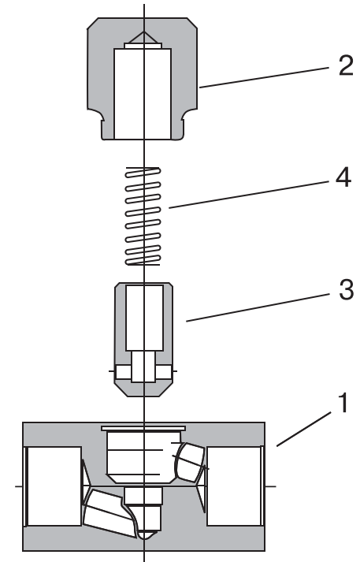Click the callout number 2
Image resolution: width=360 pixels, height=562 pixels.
(346, 65)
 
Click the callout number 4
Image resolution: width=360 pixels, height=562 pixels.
(343, 177)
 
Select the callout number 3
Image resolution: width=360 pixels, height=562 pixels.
(346, 289)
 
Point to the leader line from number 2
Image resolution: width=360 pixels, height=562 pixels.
(265, 77)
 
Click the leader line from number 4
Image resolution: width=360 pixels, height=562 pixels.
(249, 195)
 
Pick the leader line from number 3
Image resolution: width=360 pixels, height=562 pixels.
(258, 308)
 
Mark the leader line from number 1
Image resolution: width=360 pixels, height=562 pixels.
(304, 429)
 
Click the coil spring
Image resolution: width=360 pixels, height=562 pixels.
(143, 216)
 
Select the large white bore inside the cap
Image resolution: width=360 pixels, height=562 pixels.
(143, 94)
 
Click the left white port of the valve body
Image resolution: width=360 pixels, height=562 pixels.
(54, 486)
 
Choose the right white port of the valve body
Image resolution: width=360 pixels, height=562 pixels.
(234, 486)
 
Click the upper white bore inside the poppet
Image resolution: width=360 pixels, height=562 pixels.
(144, 318)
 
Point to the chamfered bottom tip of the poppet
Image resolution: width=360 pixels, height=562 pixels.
(143, 389)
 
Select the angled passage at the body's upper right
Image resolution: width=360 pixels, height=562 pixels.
(190, 463)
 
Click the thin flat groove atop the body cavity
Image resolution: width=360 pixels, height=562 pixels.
(143, 428)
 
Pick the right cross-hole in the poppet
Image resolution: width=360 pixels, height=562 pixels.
(163, 373)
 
